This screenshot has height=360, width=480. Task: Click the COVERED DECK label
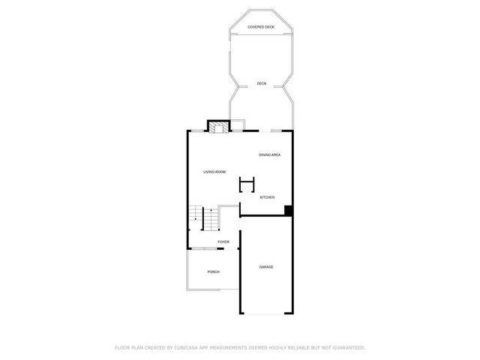(261, 27)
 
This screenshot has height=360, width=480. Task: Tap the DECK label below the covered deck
(261, 83)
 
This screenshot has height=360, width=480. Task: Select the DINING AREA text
(269, 154)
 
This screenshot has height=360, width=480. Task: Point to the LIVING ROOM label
(214, 172)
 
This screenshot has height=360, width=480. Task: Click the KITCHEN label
(267, 197)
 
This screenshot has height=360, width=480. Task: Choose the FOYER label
(223, 241)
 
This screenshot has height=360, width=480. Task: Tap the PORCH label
(214, 271)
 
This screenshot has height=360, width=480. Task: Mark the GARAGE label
(265, 267)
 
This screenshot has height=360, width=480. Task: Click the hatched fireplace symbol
(218, 127)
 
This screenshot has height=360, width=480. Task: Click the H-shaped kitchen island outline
(247, 184)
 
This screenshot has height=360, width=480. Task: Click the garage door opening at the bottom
(265, 313)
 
